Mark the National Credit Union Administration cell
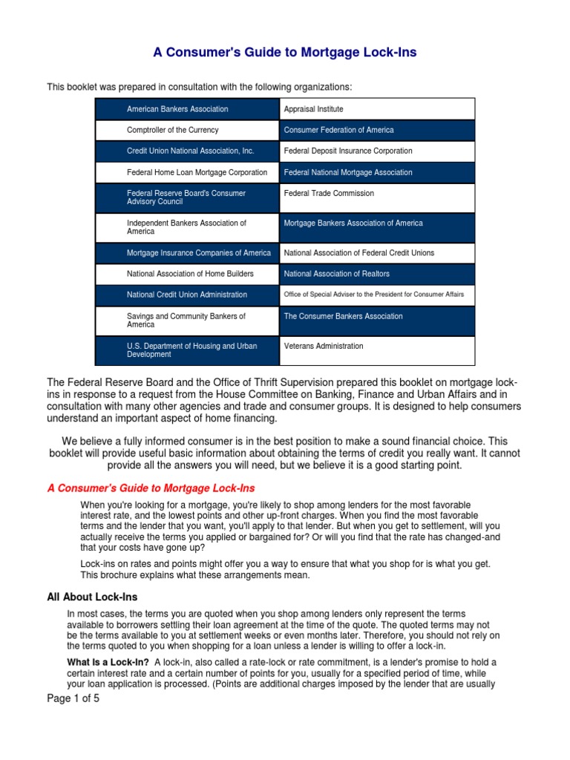click(187, 295)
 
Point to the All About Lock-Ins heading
click(92, 597)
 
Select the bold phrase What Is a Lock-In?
click(108, 662)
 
